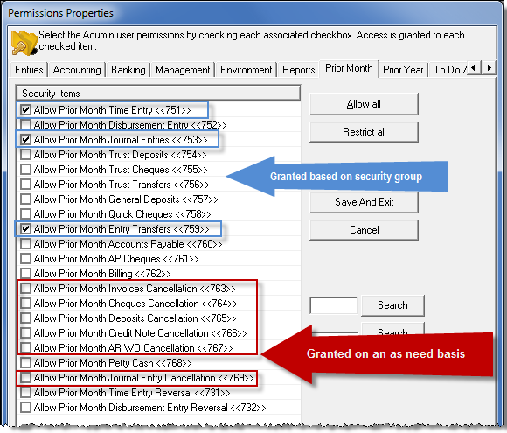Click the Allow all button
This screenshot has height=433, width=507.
pyautogui.click(x=364, y=104)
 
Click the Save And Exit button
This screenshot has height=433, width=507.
pyautogui.click(x=364, y=202)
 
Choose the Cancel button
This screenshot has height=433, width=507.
pyautogui.click(x=364, y=230)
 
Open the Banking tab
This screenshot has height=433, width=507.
pyautogui.click(x=128, y=70)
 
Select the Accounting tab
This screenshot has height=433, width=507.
pyautogui.click(x=77, y=70)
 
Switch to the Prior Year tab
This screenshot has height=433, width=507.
pyautogui.click(x=403, y=70)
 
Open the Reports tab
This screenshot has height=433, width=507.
pyautogui.click(x=298, y=70)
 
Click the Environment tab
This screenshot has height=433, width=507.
pyautogui.click(x=246, y=70)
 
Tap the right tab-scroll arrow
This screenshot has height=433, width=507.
pyautogui.click(x=489, y=68)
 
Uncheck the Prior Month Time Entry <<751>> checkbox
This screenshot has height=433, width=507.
pyautogui.click(x=25, y=110)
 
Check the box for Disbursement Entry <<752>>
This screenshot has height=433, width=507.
pyautogui.click(x=25, y=125)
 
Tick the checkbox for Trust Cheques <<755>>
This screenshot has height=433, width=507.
pyautogui.click(x=25, y=170)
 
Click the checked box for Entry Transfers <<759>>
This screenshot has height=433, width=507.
pyautogui.click(x=25, y=229)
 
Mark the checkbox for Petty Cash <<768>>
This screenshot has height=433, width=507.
pyautogui.click(x=25, y=363)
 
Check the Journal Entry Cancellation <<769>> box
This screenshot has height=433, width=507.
pyautogui.click(x=25, y=378)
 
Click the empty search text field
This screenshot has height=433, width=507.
pyautogui.click(x=334, y=305)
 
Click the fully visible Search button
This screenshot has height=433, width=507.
pyautogui.click(x=392, y=305)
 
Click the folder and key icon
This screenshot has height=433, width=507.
pyautogui.click(x=24, y=42)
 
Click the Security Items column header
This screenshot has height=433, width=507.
pyautogui.click(x=158, y=94)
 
